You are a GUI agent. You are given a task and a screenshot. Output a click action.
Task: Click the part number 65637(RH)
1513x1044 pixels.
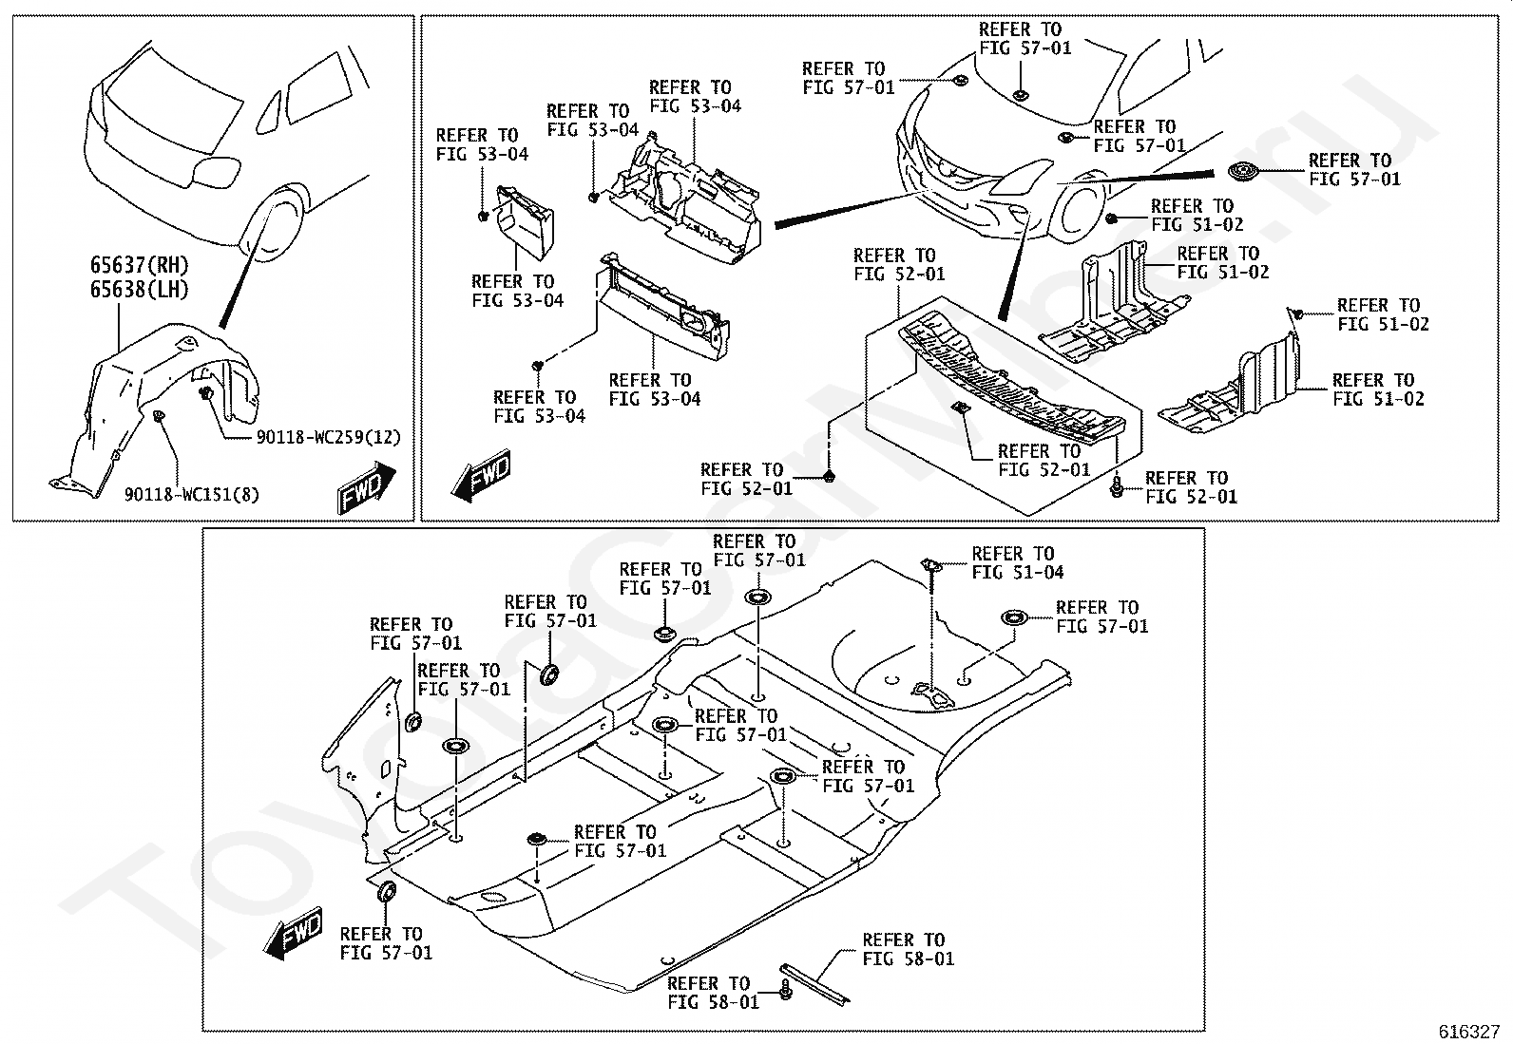tap(139, 265)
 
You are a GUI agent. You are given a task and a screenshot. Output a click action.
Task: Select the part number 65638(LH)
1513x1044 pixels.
tap(139, 290)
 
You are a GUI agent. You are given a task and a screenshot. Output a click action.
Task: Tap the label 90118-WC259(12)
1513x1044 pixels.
tap(328, 438)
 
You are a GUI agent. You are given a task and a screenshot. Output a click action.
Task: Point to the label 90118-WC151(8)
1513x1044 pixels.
tap(191, 495)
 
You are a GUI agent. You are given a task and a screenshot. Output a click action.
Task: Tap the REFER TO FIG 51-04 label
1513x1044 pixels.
tap(1017, 563)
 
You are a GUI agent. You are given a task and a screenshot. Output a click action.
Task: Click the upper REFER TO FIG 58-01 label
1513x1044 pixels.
tap(908, 949)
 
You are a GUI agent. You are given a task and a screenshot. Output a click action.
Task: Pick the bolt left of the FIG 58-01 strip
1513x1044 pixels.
tap(785, 989)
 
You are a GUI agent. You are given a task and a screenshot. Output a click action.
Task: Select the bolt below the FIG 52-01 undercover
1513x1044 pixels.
tap(1117, 487)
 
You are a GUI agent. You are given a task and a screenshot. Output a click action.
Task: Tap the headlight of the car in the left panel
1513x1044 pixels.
tap(216, 171)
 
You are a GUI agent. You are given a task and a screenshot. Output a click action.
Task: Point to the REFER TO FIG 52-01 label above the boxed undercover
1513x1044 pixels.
tap(899, 265)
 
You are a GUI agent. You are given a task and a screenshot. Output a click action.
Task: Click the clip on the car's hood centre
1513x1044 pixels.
tap(1021, 95)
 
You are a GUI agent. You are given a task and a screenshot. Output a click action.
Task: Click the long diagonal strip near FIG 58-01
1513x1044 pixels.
tap(815, 984)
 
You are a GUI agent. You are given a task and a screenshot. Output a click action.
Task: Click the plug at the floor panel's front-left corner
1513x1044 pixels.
tap(387, 892)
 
